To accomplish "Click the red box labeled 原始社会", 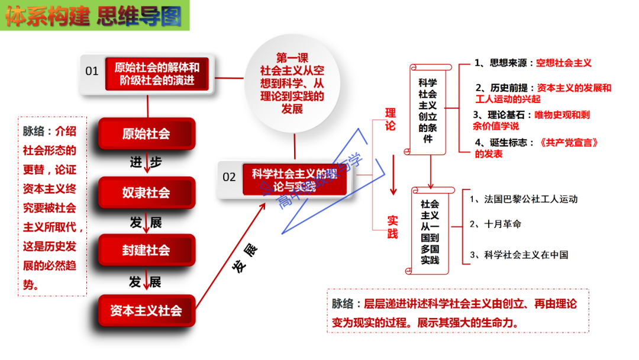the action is (x=146, y=134).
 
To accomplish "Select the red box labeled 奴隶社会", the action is (x=146, y=192).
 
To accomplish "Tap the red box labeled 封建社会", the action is (x=146, y=250).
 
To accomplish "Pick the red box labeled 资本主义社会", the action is (x=146, y=310).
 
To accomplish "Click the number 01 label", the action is (x=92, y=72).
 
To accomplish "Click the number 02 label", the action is (x=229, y=177).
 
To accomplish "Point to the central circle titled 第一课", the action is (x=292, y=83).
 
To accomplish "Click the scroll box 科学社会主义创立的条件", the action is (x=428, y=110).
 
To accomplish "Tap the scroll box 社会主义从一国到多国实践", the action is (x=430, y=232).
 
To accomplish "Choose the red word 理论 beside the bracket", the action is (x=391, y=120).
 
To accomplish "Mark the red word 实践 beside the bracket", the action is (x=393, y=227).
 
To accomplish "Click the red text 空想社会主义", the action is (x=564, y=63).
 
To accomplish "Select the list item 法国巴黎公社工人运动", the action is (x=523, y=199).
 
